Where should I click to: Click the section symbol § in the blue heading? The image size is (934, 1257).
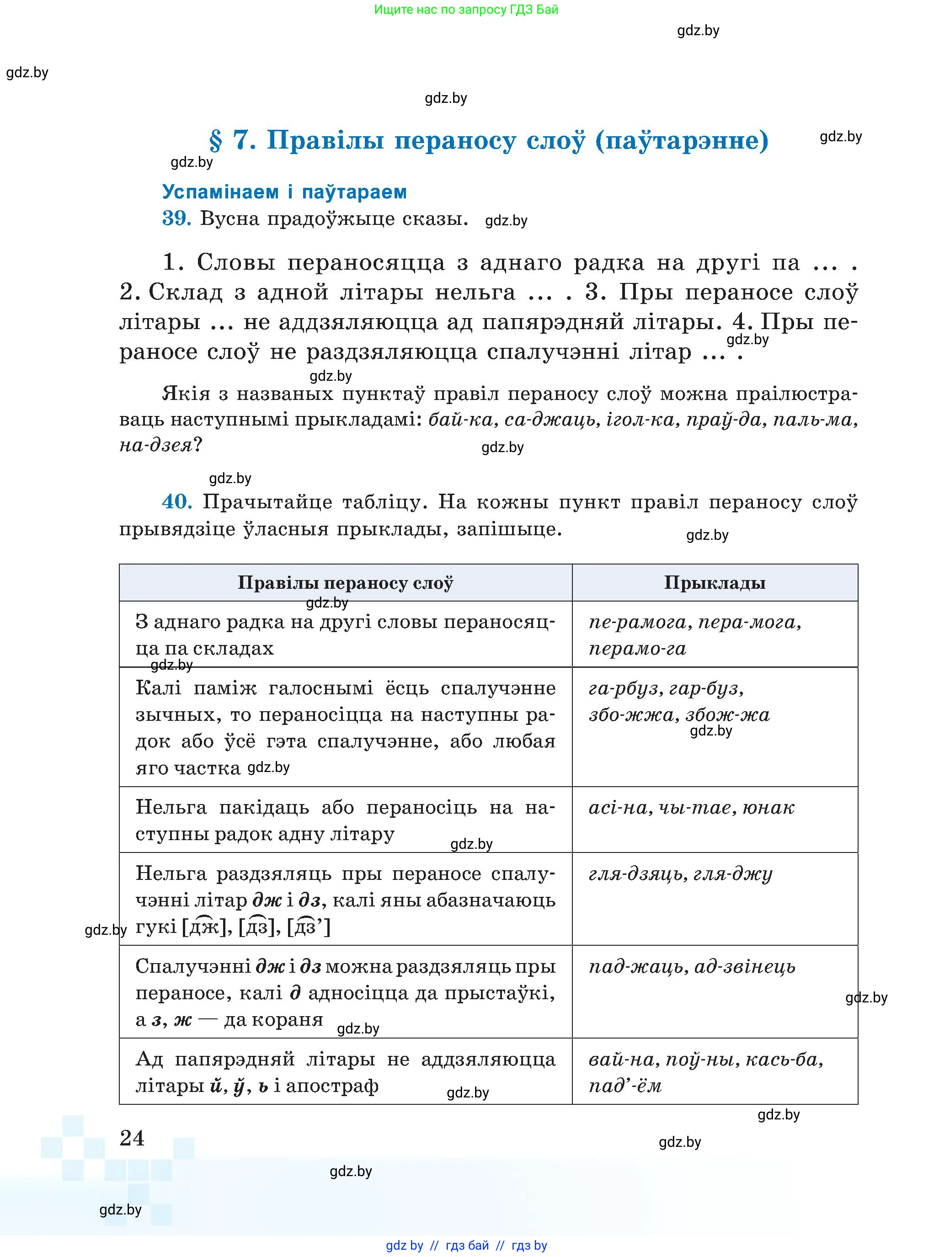coord(215,141)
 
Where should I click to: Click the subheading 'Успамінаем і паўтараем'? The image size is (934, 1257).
coord(284,192)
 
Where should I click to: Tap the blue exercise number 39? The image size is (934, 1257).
coord(176,218)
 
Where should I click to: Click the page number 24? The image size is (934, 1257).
coord(132,1138)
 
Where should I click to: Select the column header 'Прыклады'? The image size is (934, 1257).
coord(715,583)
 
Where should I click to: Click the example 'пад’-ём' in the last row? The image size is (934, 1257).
coord(625,1086)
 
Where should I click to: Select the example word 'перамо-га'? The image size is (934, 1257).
coord(637,648)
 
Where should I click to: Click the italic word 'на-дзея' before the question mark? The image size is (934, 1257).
coord(155,445)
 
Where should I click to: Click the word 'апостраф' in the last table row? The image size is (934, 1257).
coord(332,1086)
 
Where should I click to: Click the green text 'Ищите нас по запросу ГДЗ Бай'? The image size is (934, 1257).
coord(466,10)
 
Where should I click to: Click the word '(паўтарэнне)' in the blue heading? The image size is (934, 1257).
coord(682,141)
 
